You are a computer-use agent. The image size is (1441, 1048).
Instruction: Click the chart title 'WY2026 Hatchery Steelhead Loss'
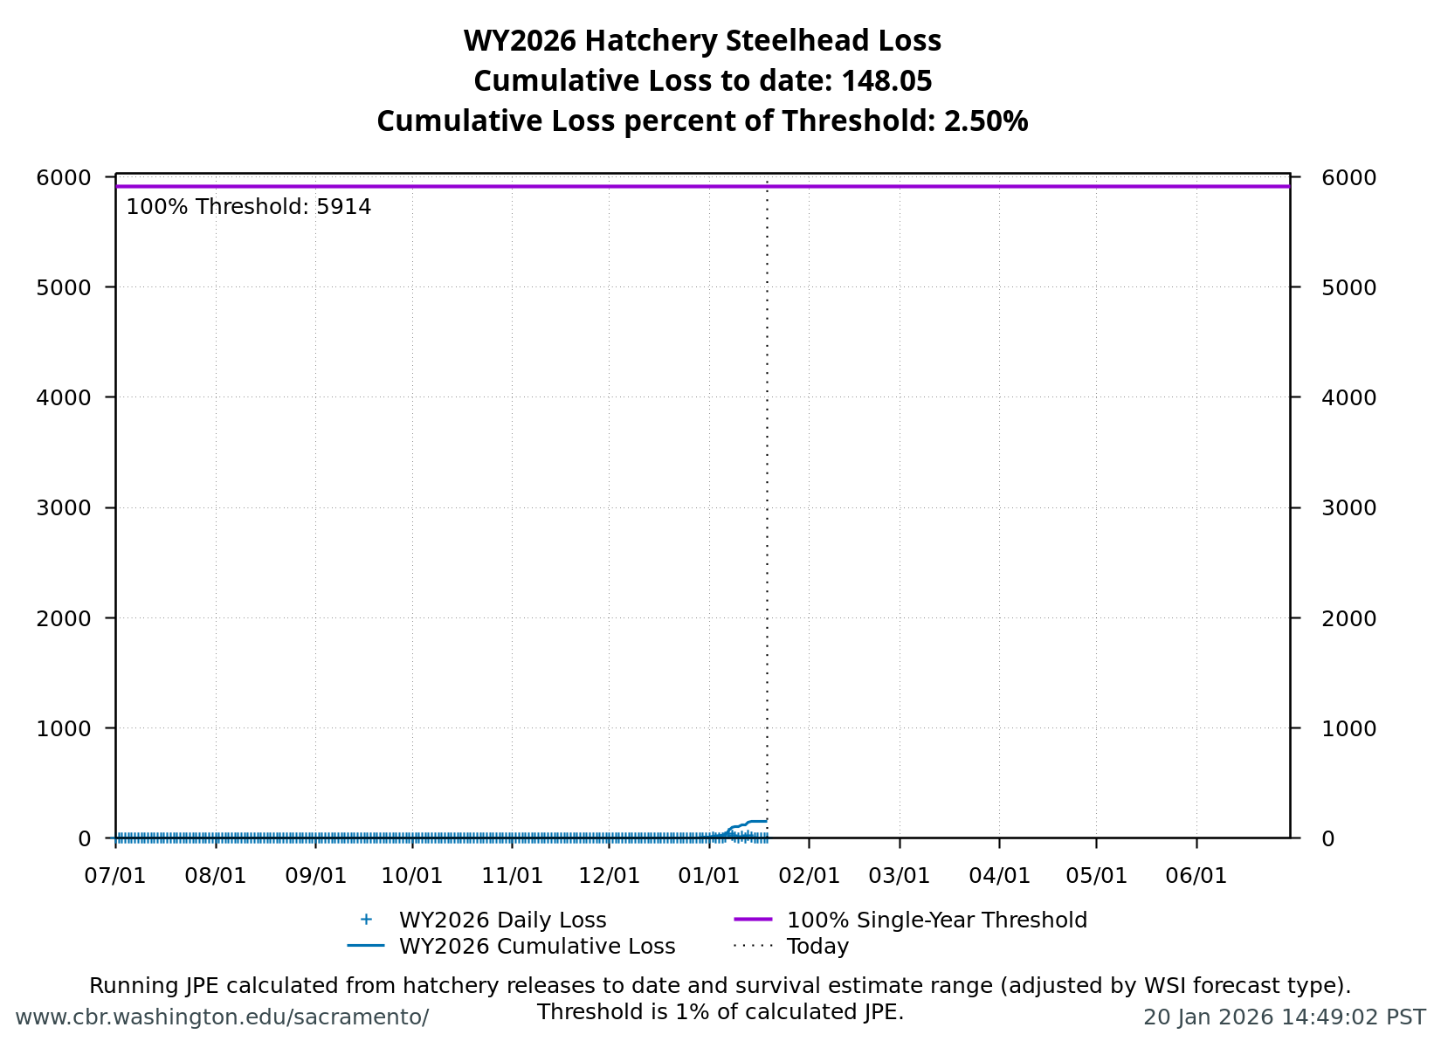tap(702, 41)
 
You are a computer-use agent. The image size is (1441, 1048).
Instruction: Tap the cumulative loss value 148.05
tap(886, 81)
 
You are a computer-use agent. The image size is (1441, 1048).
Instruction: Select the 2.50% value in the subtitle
tap(986, 121)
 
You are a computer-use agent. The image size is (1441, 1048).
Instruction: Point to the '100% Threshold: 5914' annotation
tap(249, 207)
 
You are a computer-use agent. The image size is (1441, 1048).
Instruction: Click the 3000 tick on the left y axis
tap(64, 508)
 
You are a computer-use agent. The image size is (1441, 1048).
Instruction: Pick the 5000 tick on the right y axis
tap(1349, 287)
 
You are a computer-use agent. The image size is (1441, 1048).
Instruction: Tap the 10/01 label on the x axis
tap(413, 876)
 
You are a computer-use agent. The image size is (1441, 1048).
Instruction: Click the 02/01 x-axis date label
tap(809, 876)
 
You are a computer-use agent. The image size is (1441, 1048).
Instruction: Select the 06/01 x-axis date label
tap(1196, 876)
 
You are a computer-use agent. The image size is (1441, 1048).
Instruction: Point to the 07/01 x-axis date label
tap(115, 876)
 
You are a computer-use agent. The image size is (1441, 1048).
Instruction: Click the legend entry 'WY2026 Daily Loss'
tap(502, 920)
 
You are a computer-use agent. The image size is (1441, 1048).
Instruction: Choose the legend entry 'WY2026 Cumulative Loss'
tap(537, 947)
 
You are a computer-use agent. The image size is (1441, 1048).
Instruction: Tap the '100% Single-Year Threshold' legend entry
tap(936, 920)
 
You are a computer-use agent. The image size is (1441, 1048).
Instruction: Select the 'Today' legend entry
tap(817, 947)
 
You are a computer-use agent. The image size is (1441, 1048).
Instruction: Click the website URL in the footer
tap(222, 1017)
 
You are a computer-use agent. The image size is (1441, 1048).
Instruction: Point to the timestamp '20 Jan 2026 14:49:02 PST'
tap(1284, 1017)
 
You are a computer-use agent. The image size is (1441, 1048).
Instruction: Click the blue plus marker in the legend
tap(366, 920)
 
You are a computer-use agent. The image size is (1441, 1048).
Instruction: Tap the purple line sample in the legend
tap(753, 920)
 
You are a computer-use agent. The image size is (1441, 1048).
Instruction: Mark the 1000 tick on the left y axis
tap(64, 728)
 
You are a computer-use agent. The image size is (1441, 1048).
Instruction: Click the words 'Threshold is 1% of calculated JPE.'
tap(720, 1012)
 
